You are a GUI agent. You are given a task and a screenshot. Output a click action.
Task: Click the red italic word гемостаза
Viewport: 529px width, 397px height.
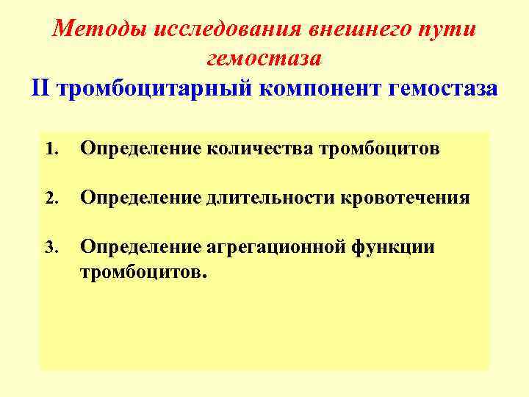pos(264,57)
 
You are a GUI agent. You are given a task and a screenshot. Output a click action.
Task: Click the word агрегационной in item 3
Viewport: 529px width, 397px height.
pos(267,247)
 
